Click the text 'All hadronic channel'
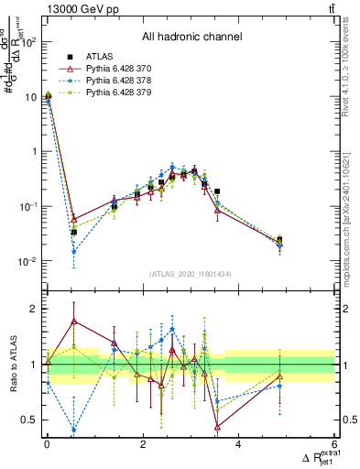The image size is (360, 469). (x=191, y=38)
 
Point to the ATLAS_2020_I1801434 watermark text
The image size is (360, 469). (x=191, y=274)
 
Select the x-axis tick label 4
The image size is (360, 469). (x=238, y=444)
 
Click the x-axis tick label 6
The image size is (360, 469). (x=334, y=444)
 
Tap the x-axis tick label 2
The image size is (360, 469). (x=143, y=444)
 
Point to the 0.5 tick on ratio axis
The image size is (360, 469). (x=30, y=420)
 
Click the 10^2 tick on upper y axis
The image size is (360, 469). (x=30, y=41)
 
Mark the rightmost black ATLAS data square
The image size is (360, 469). (x=279, y=239)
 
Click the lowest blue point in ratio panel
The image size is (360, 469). (x=73, y=429)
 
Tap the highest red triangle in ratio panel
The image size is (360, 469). (x=73, y=322)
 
